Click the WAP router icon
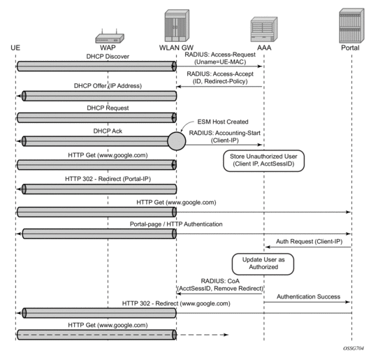[x=110, y=36]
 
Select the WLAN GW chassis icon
[x=177, y=26]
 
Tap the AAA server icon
[x=264, y=29]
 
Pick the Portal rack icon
[x=351, y=26]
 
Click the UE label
[x=15, y=48]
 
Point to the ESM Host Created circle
[x=177, y=141]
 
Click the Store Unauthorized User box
[x=263, y=161]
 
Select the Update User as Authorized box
[x=263, y=264]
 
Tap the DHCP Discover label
[x=108, y=57]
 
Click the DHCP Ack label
[x=108, y=131]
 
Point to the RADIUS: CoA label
[x=220, y=281]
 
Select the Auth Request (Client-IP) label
[x=309, y=241]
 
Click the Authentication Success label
[x=308, y=296]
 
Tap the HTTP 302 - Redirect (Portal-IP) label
[x=108, y=179]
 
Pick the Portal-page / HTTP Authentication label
[x=176, y=224]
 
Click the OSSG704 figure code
[x=354, y=348]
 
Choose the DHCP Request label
[x=108, y=108]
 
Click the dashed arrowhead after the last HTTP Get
[x=226, y=335]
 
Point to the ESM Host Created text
[x=223, y=122]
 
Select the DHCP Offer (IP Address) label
[x=108, y=86]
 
